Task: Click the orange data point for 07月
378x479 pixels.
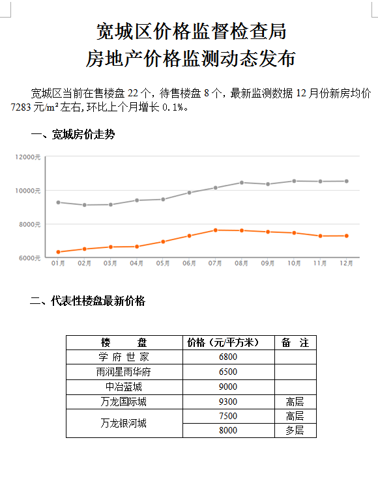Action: pos(215,230)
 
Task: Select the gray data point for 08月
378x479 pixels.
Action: pos(242,183)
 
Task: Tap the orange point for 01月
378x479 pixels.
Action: pos(59,252)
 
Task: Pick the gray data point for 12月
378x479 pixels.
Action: pos(347,181)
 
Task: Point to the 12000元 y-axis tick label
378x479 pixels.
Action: pos(28,157)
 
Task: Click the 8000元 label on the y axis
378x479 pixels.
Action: pos(30,225)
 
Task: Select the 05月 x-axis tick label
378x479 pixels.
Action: pos(163,264)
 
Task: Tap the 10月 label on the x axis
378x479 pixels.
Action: pos(294,264)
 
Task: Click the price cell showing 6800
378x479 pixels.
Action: pos(228,357)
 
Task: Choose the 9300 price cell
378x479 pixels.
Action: pos(228,402)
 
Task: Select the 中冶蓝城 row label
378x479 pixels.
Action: pos(124,387)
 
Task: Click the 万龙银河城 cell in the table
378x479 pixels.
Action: pos(124,424)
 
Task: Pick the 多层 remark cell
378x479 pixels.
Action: pos(295,430)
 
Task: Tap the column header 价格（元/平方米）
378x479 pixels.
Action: pos(224,342)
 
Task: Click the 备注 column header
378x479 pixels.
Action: pos(295,342)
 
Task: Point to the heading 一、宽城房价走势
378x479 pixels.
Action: pos(73,135)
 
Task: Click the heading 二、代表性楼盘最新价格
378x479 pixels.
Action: pos(87,301)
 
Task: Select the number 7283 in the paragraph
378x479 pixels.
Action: pos(21,107)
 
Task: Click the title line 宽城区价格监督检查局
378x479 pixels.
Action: pos(192,31)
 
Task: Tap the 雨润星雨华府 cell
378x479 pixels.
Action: pos(124,372)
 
